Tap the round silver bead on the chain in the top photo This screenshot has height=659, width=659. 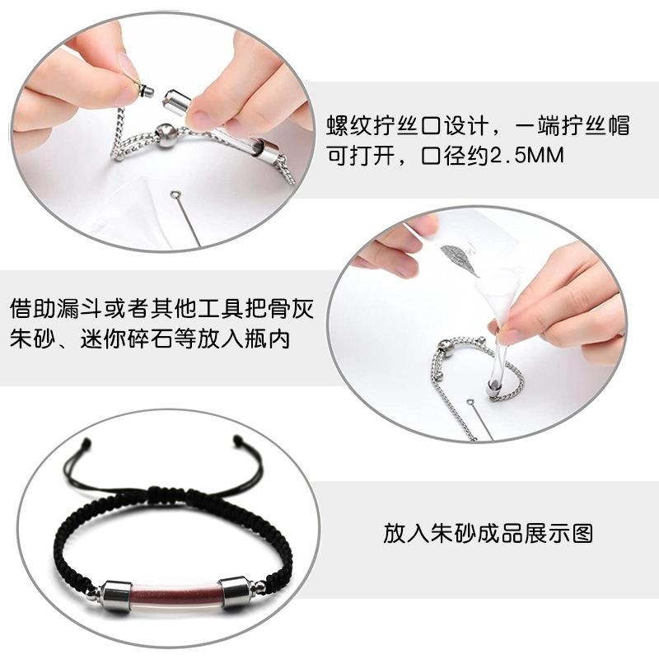click(167, 136)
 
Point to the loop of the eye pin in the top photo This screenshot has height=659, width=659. click(175, 194)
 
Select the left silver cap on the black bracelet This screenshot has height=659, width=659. click(115, 595)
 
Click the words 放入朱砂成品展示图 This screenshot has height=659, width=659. click(488, 534)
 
